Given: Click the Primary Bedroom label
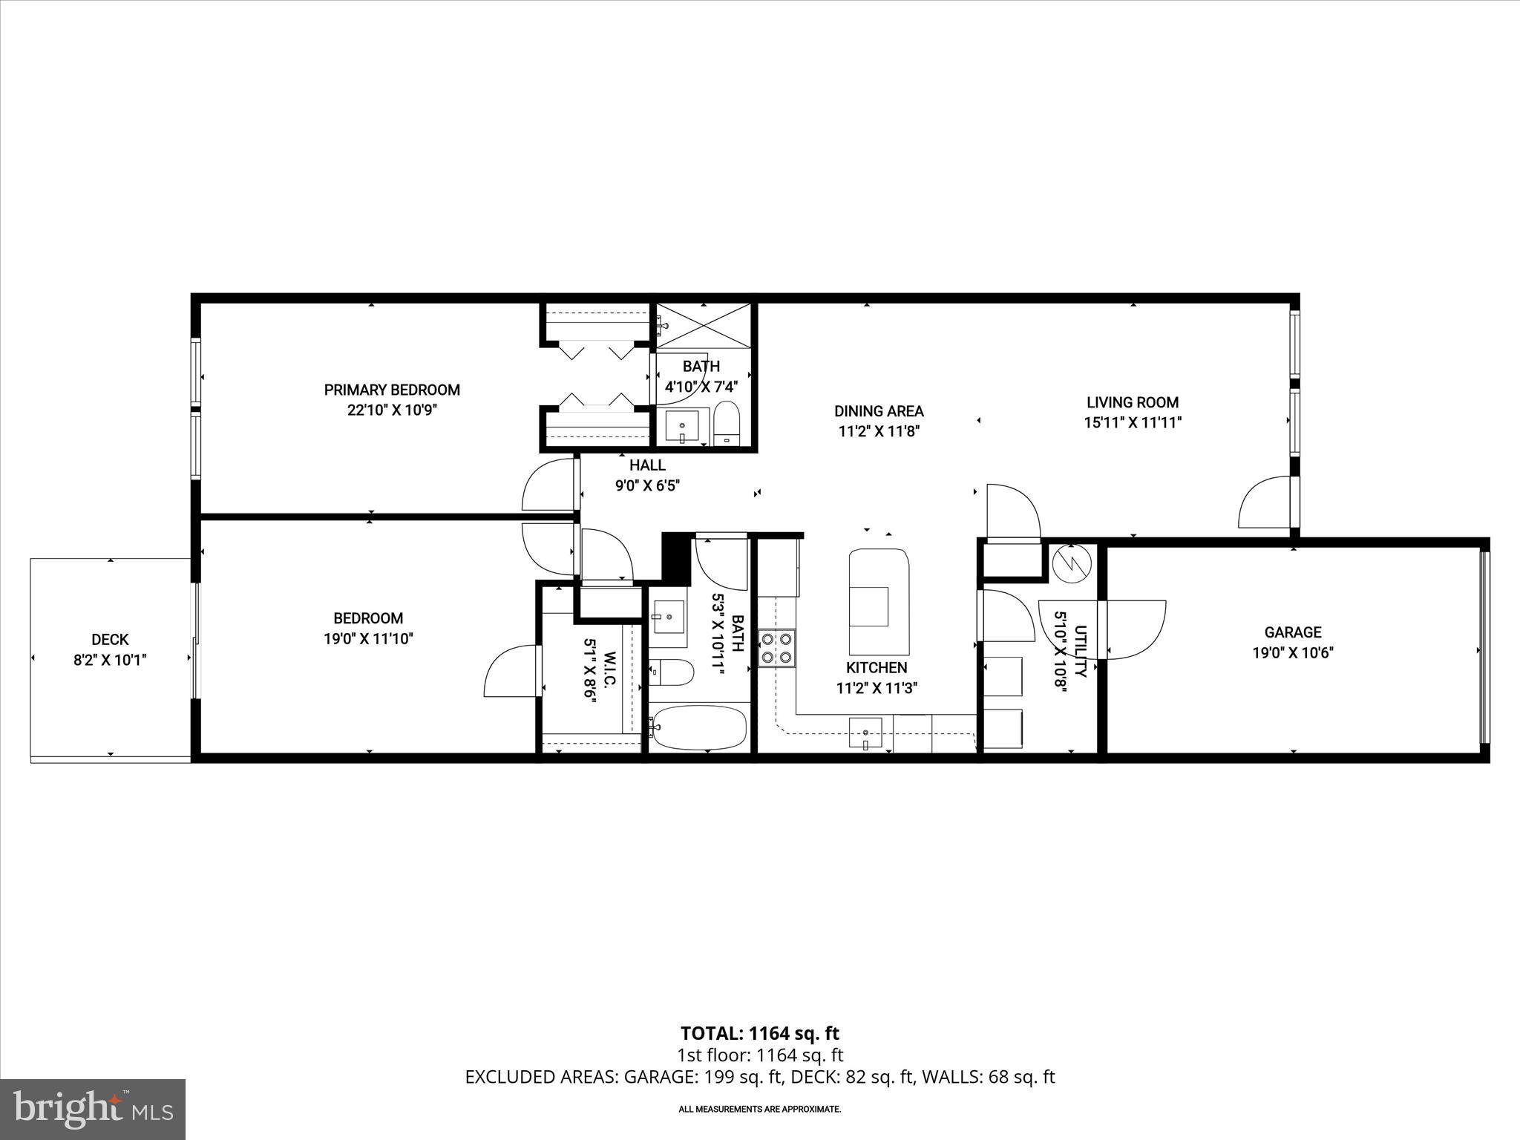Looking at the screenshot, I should (392, 390).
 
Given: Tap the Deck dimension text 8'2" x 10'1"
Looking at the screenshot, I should (110, 661).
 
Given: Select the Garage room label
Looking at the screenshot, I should (1293, 632).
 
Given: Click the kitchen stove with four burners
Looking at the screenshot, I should (776, 647).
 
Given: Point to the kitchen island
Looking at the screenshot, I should (879, 600).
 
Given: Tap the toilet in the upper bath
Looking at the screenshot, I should (727, 425).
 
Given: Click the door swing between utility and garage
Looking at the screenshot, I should (1134, 629).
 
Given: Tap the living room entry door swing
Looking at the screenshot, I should (1266, 503).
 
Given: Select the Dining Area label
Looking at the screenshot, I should (879, 411).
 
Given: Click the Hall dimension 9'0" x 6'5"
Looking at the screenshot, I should (647, 486).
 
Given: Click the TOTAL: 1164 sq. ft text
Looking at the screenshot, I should (759, 1033).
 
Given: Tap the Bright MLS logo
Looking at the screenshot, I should (93, 1109).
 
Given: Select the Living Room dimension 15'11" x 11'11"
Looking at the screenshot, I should (1132, 423).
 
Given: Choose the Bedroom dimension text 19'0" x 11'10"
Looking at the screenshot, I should (368, 639).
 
